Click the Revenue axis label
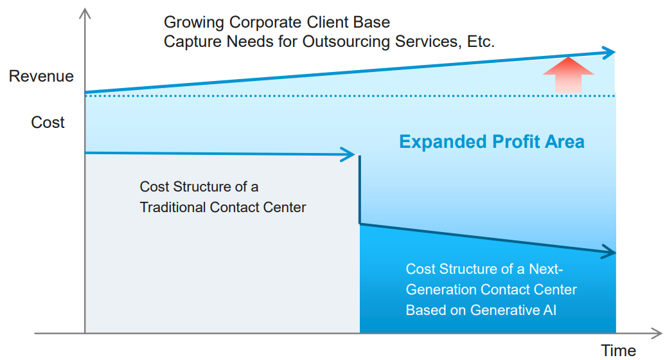point(41,76)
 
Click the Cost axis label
point(48,122)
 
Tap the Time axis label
point(618,350)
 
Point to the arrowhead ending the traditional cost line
point(349,154)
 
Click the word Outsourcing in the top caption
point(346,42)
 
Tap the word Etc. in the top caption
point(481,42)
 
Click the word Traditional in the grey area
point(173,207)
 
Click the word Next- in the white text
point(546,269)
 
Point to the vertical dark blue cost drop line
point(360,190)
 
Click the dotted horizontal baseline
point(350,96)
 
